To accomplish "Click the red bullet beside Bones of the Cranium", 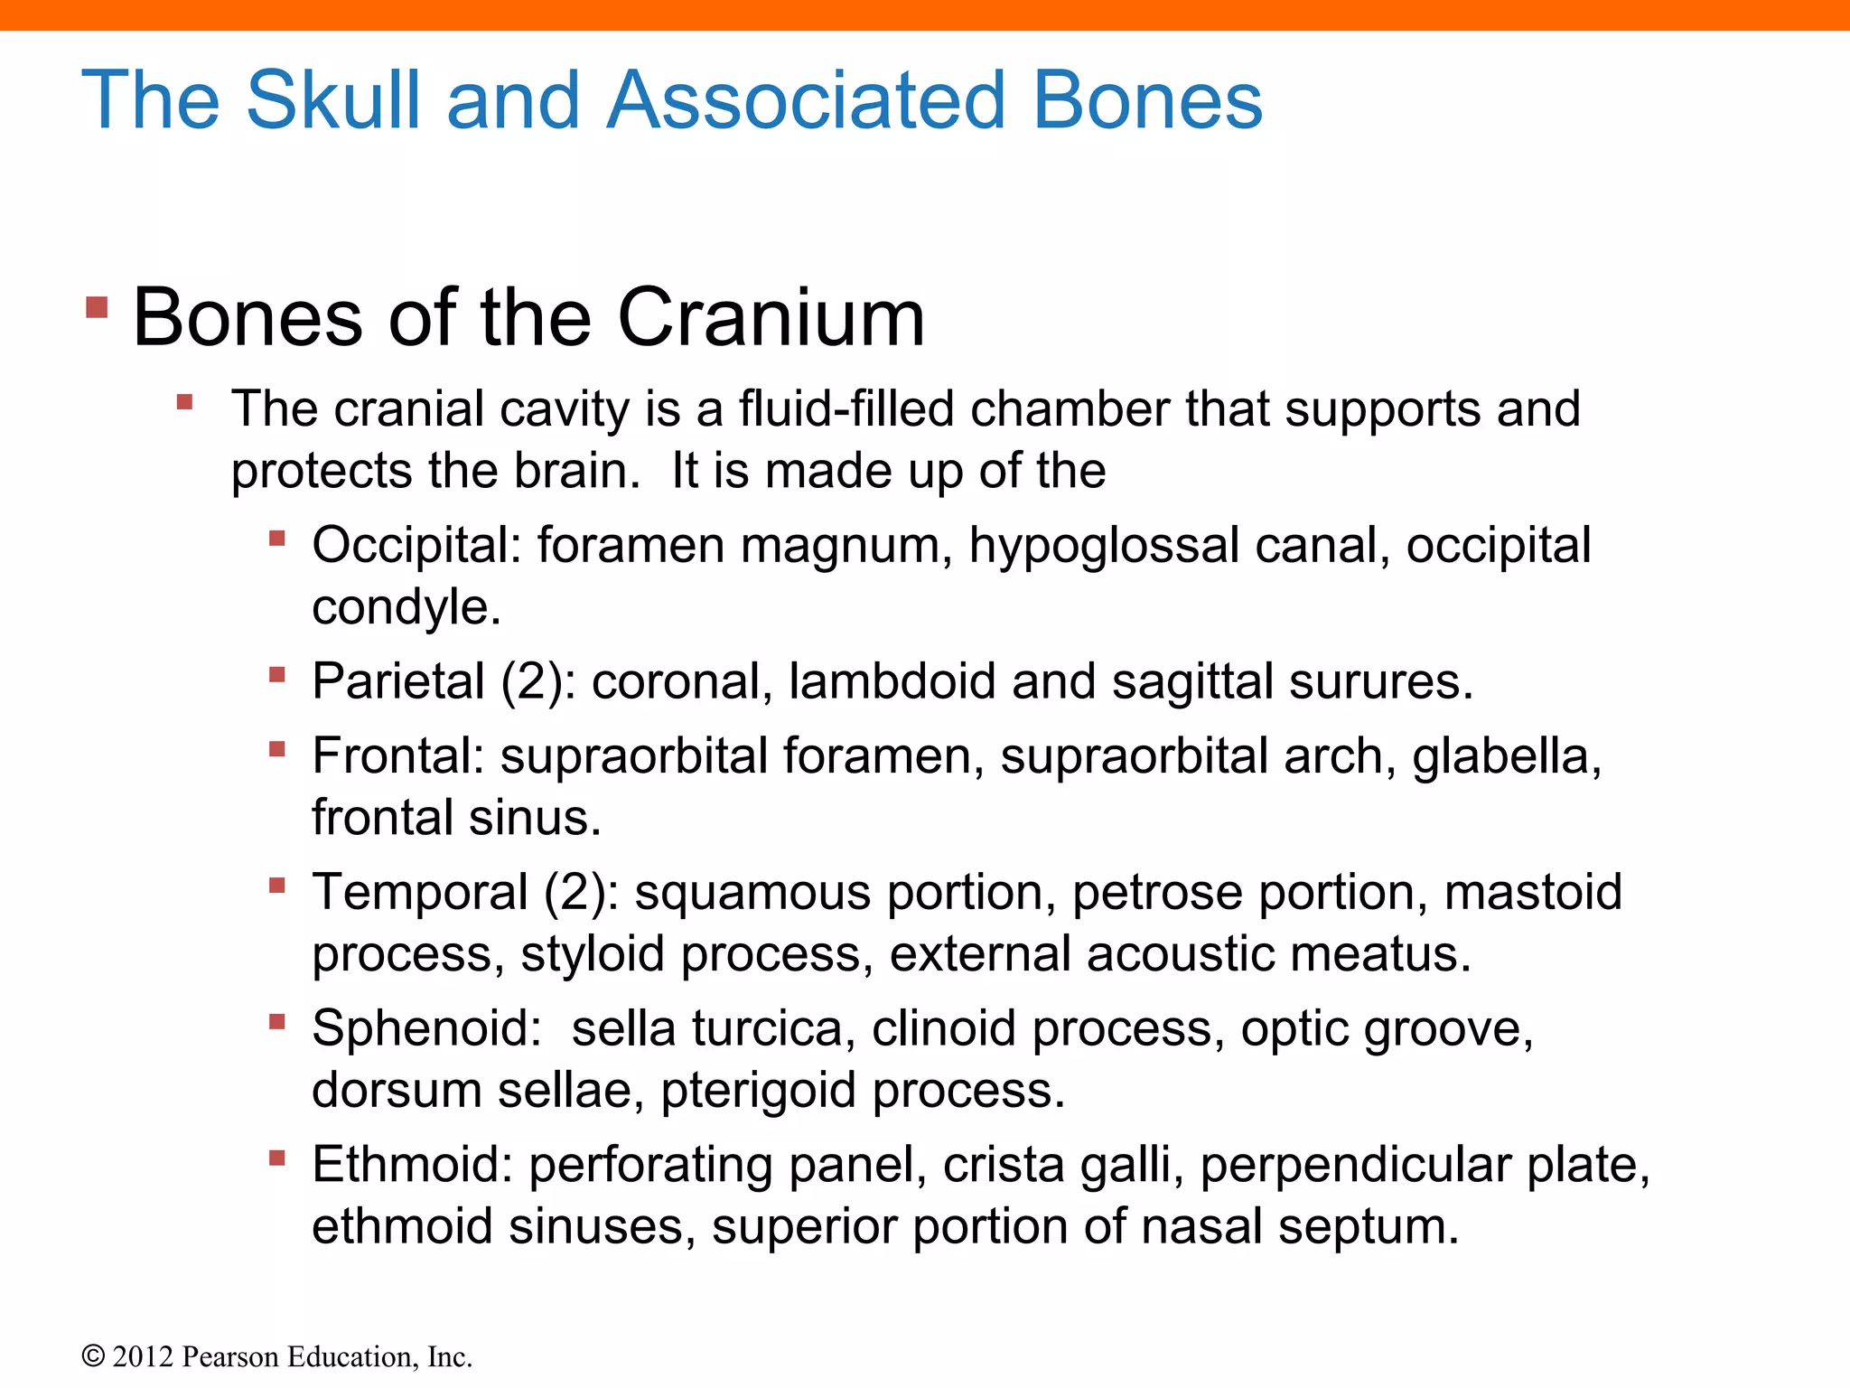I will (x=97, y=307).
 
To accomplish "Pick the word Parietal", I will (x=398, y=681).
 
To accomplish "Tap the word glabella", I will (x=1507, y=756).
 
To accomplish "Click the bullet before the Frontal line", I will (x=277, y=748).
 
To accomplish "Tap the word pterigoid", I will (x=758, y=1091).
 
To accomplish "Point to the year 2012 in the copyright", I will (x=143, y=1357).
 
